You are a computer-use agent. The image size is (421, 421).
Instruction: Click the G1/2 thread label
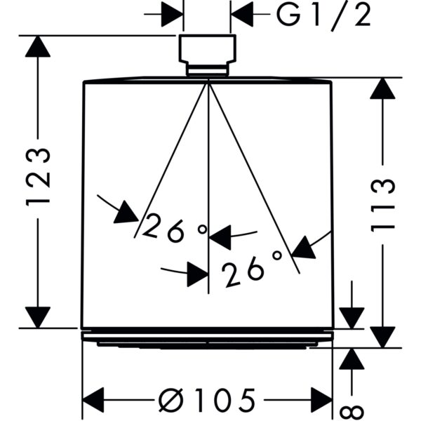coord(324,15)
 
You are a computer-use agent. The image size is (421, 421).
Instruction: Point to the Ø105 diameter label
coord(207,400)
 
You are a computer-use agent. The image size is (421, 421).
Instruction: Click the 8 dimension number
coord(352,413)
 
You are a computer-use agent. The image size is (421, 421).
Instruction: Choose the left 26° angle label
coord(175,227)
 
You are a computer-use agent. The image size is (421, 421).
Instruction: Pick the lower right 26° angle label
coord(252,269)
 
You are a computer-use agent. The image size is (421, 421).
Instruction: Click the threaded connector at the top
coord(208,55)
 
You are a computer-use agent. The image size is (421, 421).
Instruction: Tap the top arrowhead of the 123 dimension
coord(38,46)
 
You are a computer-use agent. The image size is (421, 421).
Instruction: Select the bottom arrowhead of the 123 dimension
coord(38,317)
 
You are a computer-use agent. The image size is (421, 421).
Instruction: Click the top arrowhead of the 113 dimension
coord(382,88)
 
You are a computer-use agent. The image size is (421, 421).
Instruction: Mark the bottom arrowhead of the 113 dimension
coord(382,338)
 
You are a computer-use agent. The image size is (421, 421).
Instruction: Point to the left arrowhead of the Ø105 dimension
coord(93,400)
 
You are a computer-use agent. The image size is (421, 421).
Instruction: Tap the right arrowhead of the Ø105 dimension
coord(321,400)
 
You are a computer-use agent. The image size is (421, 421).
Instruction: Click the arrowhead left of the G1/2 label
coord(172,14)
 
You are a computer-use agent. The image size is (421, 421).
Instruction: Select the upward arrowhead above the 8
coord(352,359)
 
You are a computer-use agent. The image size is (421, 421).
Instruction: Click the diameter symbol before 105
coord(171,400)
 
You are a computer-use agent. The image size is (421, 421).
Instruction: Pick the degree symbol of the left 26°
coord(202,229)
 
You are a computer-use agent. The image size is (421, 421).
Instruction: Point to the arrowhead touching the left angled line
coord(126,213)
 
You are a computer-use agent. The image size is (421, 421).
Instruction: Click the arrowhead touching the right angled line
coord(304,248)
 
